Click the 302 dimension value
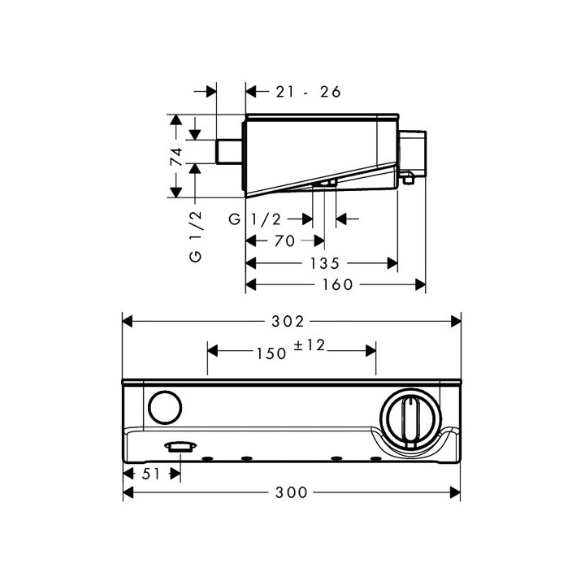click(x=288, y=321)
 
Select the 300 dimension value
click(x=292, y=492)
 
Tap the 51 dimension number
click(x=151, y=474)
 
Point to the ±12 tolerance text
click(x=310, y=345)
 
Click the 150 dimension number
click(x=271, y=353)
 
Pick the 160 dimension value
click(x=338, y=284)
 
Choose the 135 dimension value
click(x=324, y=263)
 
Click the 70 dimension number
click(x=284, y=241)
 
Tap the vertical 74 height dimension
click(x=176, y=156)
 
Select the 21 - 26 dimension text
click(x=308, y=92)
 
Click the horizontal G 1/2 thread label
click(x=255, y=219)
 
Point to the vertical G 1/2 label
click(x=196, y=236)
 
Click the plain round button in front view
click(x=165, y=407)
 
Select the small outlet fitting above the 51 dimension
click(x=180, y=447)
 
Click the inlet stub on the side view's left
click(x=229, y=151)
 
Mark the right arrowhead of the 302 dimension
click(x=456, y=321)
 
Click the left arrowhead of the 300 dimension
click(x=128, y=492)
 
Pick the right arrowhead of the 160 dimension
click(x=421, y=285)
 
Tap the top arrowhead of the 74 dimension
click(x=176, y=119)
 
